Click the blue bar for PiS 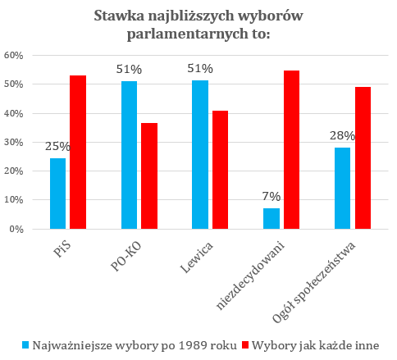(57, 194)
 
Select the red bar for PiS (78, 152)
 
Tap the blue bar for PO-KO (129, 155)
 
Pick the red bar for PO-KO (149, 175)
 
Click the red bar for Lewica (220, 170)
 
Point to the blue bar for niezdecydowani (272, 218)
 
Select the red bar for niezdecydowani (291, 149)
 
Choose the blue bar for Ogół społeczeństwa (342, 188)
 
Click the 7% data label (272, 197)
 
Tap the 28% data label (342, 136)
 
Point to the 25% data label (57, 147)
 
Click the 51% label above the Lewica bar (200, 69)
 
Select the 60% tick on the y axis (13, 56)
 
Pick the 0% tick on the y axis (16, 229)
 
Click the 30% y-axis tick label (13, 143)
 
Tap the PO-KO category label (126, 257)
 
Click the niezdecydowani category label (250, 276)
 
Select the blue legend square (25, 345)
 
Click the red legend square (245, 345)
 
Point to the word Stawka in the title (119, 16)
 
